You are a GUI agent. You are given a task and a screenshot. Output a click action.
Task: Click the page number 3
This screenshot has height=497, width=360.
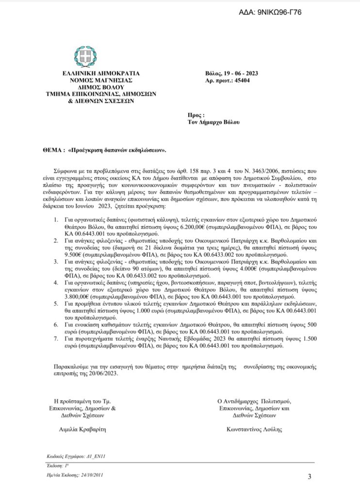[310, 476]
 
